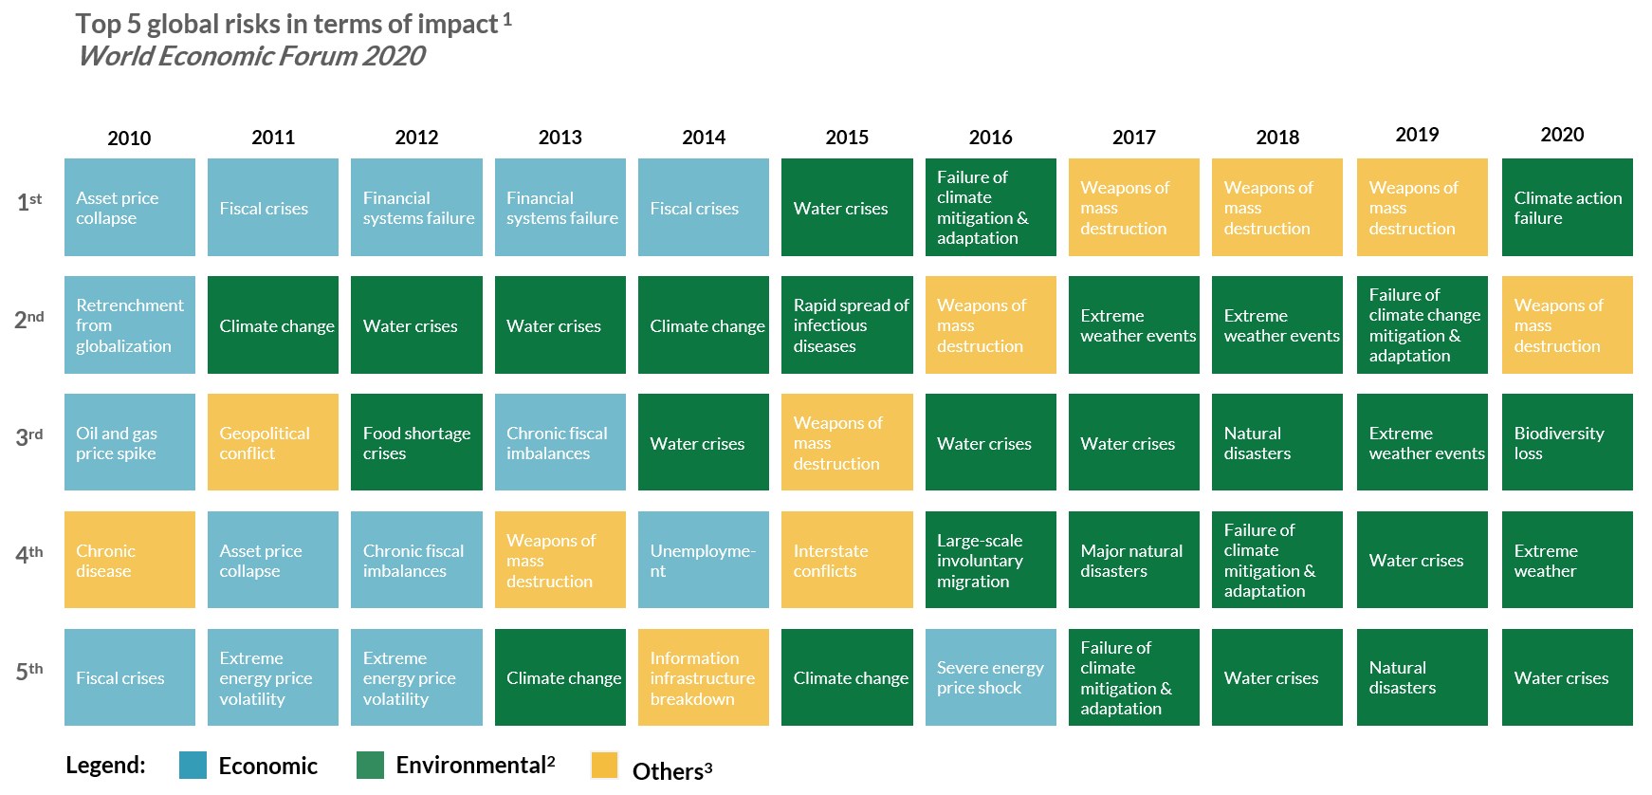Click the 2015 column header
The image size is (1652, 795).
point(847,138)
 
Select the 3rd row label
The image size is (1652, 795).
point(29,436)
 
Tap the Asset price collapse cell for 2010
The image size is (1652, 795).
point(130,208)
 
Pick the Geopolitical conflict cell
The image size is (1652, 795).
point(273,442)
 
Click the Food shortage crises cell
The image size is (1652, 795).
point(416,442)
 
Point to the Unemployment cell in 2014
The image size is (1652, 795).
point(704,560)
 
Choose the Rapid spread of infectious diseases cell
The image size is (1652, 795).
point(847,324)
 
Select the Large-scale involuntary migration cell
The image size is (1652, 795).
point(990,560)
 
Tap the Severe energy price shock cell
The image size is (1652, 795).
point(990,677)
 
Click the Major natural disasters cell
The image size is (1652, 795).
point(1133,560)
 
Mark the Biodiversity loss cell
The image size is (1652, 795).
point(1567,442)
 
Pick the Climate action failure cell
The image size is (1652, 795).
point(1567,208)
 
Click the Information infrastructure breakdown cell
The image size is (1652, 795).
point(704,677)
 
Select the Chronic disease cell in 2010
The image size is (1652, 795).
point(130,560)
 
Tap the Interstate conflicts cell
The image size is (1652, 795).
point(847,560)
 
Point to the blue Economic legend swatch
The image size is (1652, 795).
point(193,765)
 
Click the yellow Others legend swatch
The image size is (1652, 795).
point(604,765)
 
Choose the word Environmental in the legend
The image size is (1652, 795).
point(470,765)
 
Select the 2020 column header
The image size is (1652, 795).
point(1562,135)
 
